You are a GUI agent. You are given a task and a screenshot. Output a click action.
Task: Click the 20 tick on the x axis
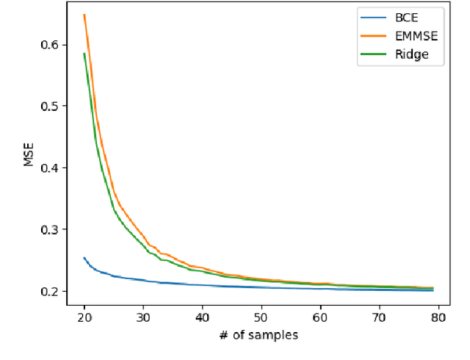[x=84, y=317]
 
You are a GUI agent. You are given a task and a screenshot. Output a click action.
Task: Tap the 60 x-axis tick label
[x=320, y=317]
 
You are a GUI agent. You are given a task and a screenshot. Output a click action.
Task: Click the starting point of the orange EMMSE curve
[x=84, y=15]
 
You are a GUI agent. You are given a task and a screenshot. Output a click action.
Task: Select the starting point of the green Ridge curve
[x=84, y=53]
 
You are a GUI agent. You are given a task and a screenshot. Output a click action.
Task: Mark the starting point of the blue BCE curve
[x=84, y=258]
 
